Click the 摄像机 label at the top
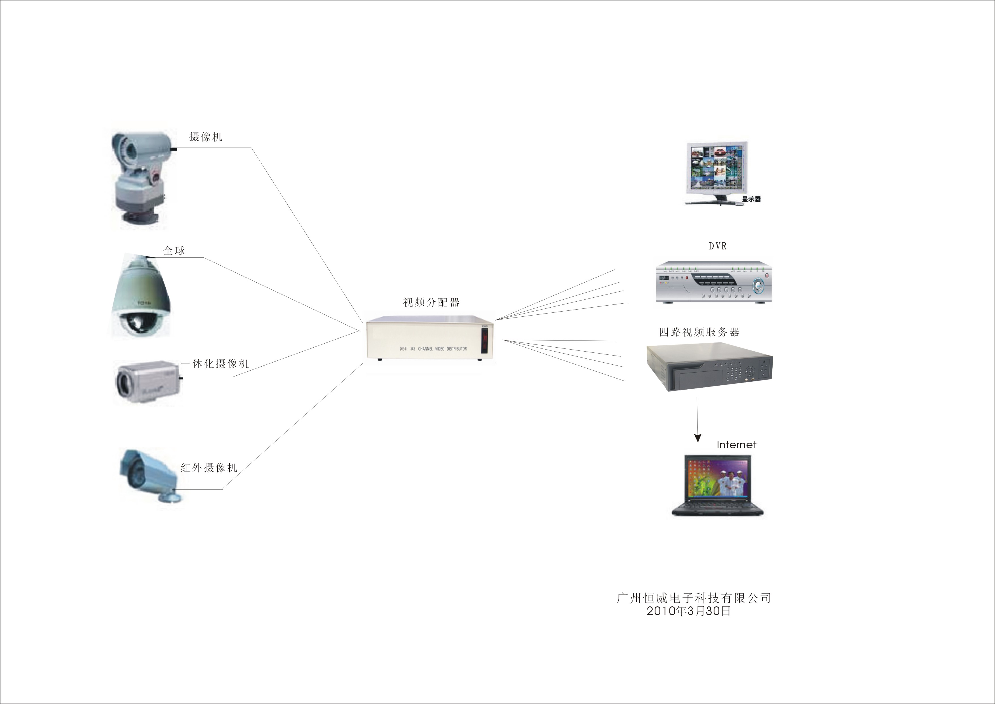pyautogui.click(x=206, y=137)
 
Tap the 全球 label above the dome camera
pyautogui.click(x=174, y=251)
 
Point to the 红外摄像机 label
pyautogui.click(x=209, y=467)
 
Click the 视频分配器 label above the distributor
pyautogui.click(x=431, y=302)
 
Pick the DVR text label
pyautogui.click(x=718, y=246)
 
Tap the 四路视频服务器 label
pyautogui.click(x=699, y=332)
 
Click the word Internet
pyautogui.click(x=736, y=445)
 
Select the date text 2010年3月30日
pyautogui.click(x=689, y=611)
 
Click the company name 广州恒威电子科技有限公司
pyautogui.click(x=693, y=598)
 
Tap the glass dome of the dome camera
pyautogui.click(x=138, y=323)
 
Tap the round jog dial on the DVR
pyautogui.click(x=759, y=286)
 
